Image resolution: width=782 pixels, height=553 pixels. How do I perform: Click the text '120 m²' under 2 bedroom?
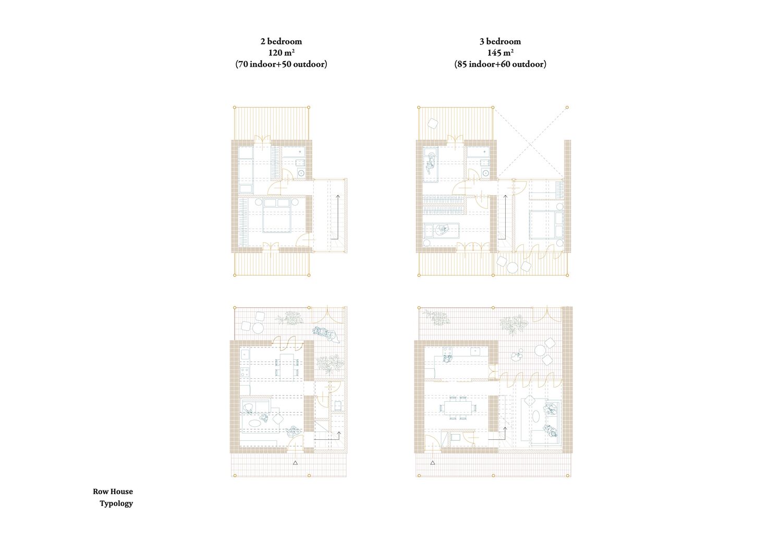coord(281,53)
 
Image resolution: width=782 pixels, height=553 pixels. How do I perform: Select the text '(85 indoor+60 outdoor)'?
coord(500,64)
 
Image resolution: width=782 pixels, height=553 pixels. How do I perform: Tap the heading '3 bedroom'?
coord(500,41)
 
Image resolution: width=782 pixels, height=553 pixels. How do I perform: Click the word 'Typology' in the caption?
coord(116,503)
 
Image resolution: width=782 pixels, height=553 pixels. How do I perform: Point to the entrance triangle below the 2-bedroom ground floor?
coord(296,463)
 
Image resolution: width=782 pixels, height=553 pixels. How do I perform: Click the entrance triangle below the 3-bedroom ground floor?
coord(433,463)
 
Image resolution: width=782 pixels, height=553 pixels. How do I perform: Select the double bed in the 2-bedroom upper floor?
coord(276,215)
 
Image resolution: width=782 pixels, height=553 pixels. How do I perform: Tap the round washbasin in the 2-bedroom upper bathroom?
coord(301,173)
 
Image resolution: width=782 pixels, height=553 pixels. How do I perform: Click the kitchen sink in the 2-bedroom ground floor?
coord(245,354)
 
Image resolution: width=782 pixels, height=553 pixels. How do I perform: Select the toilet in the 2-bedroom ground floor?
coord(338,405)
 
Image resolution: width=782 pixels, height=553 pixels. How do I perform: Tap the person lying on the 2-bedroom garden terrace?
coord(326,334)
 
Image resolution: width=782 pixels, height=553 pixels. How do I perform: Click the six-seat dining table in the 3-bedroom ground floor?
coord(457,407)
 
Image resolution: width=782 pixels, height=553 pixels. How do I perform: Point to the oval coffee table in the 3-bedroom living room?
coord(535,416)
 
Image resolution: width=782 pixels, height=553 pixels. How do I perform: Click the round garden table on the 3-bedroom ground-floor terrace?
coord(540,350)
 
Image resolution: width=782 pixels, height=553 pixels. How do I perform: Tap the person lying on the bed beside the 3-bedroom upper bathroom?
coord(431,165)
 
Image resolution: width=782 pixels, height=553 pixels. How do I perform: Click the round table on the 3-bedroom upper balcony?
coord(512,268)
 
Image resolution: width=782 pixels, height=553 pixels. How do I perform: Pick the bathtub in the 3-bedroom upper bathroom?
coord(478,152)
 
